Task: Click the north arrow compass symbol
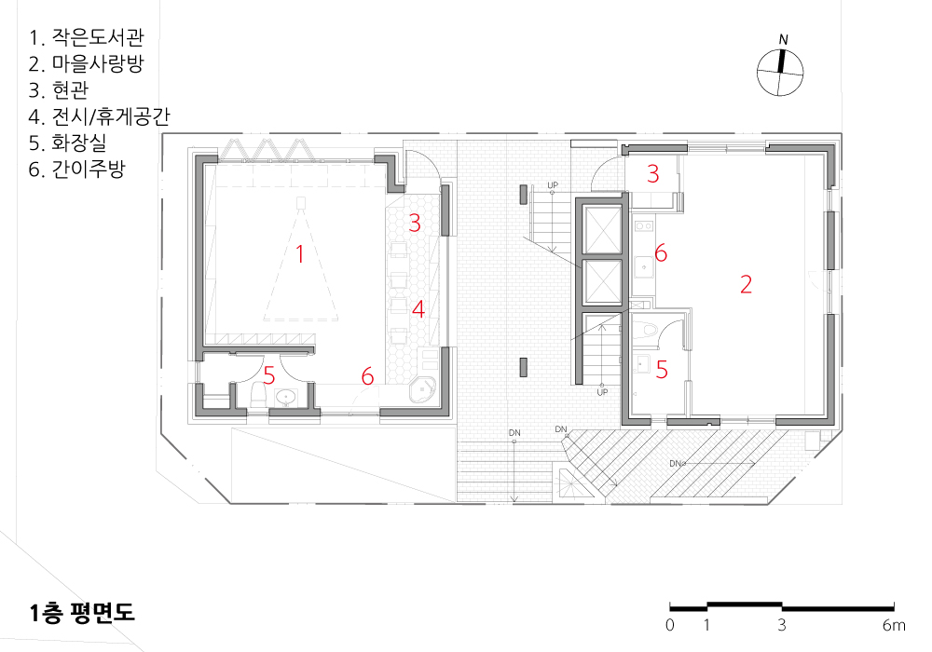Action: coord(780,72)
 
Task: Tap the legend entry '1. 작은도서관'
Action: coord(86,37)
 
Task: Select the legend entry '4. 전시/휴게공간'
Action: coord(100,115)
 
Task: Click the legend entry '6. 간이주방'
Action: coord(76,169)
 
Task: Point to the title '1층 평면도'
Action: coord(82,613)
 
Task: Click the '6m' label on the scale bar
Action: coord(894,625)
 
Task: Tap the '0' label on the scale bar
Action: coord(670,625)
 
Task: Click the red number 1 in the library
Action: coord(300,254)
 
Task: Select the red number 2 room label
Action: coord(746,284)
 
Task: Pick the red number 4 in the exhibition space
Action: coord(418,309)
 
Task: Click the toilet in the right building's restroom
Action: coord(647,332)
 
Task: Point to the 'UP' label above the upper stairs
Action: coord(553,185)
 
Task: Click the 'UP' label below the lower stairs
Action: coord(602,392)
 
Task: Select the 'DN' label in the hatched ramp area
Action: coord(675,463)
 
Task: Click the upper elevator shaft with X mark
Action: coord(602,230)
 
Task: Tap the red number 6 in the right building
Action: coord(661,253)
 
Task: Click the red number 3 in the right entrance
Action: coord(652,173)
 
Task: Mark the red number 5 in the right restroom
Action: coord(662,370)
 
